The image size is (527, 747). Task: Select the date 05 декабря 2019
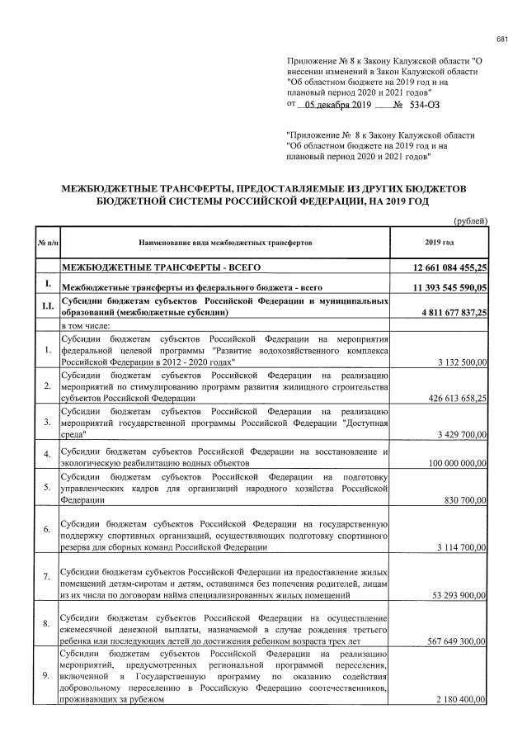click(x=337, y=105)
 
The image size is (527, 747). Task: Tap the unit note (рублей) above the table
click(x=472, y=220)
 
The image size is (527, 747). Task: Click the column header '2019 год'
click(x=440, y=242)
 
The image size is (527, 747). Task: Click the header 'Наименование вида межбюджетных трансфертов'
click(x=224, y=242)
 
